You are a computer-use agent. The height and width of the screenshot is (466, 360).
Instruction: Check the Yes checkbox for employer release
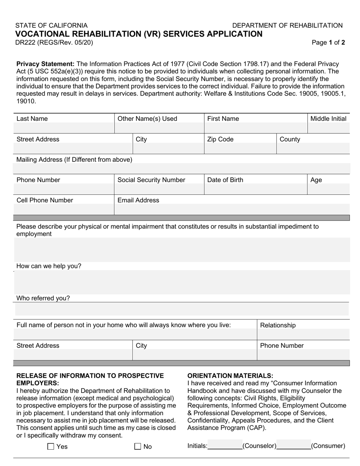tap(51, 447)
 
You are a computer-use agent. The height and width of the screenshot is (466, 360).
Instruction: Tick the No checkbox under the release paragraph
tap(138, 447)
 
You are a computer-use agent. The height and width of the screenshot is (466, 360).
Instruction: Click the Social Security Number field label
tap(151, 180)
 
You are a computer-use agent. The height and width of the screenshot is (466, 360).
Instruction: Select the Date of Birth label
tap(225, 180)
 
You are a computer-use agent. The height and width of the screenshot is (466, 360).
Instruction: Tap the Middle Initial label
tap(328, 119)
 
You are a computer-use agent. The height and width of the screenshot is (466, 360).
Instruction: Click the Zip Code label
tap(220, 139)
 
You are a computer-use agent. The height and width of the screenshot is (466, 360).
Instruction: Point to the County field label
tap(290, 139)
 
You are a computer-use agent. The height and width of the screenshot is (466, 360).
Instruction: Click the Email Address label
tap(138, 200)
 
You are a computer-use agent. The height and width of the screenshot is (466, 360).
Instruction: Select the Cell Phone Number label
tap(45, 200)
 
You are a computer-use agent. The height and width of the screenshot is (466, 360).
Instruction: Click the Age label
tap(316, 180)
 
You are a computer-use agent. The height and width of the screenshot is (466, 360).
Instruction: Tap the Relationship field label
tap(278, 325)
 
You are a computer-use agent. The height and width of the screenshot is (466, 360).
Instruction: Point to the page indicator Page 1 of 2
tap(328, 42)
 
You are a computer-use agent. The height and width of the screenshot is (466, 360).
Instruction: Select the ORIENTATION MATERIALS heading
tap(230, 375)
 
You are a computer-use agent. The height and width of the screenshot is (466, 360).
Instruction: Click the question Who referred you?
tap(43, 298)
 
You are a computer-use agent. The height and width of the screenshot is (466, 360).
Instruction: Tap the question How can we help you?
tap(49, 266)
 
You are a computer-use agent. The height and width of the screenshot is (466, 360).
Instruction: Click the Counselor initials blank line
tap(225, 446)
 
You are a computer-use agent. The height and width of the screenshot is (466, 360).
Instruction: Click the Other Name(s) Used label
tap(147, 119)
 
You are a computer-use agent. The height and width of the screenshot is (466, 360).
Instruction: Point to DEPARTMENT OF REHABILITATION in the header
tap(287, 25)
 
